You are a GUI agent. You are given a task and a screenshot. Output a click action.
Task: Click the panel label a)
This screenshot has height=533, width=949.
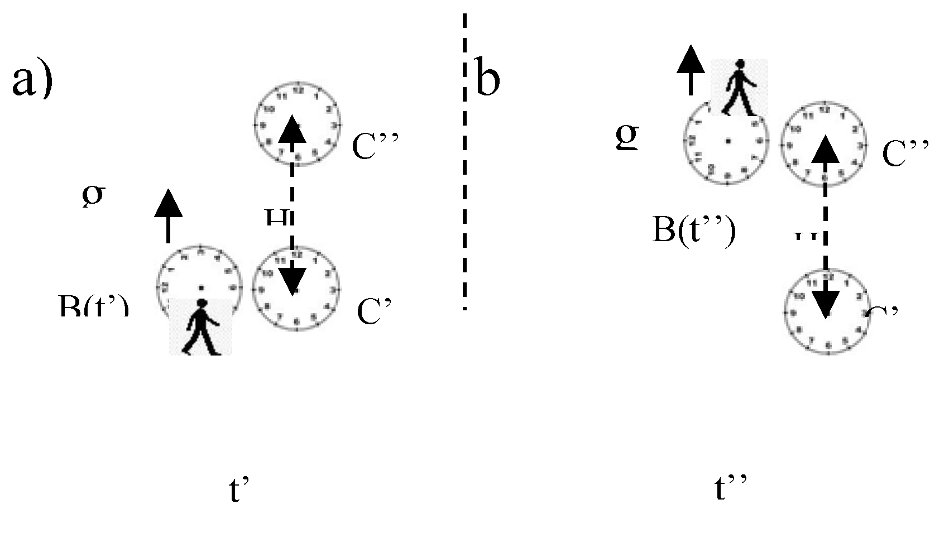32,81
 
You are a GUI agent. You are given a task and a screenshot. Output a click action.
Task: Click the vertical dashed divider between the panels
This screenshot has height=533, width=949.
464,162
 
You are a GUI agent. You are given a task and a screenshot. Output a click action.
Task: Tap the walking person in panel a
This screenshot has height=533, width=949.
200,328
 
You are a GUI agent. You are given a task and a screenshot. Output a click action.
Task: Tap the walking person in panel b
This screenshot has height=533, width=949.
739,88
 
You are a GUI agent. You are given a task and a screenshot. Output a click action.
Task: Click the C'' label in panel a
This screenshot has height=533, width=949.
375,146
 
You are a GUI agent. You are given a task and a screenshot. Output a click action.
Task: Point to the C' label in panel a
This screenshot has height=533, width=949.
372,311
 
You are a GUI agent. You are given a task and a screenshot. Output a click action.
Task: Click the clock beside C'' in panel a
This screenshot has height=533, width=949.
296,124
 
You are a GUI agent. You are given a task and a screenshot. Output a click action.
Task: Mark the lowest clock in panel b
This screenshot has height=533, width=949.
827,311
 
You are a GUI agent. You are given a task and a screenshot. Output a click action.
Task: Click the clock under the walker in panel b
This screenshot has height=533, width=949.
727,142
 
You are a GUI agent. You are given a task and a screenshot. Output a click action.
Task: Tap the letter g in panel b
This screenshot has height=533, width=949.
627,136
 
